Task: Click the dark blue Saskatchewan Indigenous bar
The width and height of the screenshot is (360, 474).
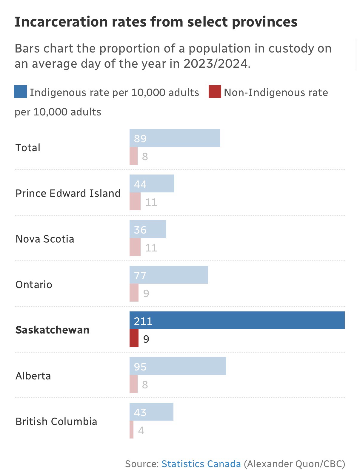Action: tap(237, 320)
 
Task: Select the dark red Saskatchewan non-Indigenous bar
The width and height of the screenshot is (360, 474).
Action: tap(134, 338)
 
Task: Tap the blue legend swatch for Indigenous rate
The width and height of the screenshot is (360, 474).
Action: tap(21, 92)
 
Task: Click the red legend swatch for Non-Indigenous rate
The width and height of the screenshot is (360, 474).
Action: tap(215, 92)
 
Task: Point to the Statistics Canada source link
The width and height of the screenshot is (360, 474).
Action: tap(201, 464)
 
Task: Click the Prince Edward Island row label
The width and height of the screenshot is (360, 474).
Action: tap(68, 193)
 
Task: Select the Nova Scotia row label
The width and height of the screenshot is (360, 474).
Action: tap(45, 239)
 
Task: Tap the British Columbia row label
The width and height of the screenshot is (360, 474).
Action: tap(56, 421)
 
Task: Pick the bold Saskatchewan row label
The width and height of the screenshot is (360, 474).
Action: tap(53, 330)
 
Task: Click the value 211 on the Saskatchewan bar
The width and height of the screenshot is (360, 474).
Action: tap(143, 321)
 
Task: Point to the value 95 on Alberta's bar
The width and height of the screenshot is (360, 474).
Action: tap(140, 367)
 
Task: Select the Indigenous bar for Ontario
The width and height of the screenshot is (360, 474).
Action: tap(169, 275)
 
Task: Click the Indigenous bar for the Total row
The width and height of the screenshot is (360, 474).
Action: tap(175, 138)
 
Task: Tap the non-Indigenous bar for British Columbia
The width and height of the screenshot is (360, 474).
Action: tap(131, 430)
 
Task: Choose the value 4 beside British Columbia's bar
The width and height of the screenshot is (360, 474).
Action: tap(141, 430)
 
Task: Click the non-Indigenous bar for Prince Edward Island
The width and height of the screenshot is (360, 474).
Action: tap(135, 201)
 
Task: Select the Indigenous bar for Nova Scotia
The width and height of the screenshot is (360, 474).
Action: tap(148, 229)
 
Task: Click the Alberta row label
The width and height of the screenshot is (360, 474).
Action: tap(33, 376)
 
